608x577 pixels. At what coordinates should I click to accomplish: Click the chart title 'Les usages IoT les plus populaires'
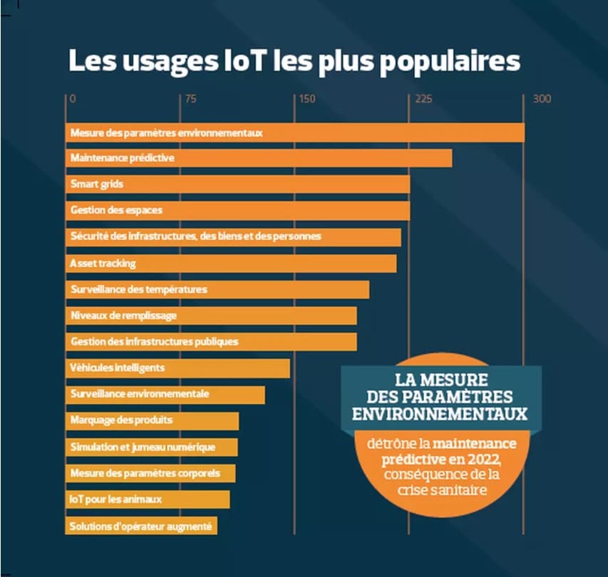point(294,61)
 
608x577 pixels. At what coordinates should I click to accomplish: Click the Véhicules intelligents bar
point(177,368)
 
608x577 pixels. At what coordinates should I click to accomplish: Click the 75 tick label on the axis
point(190,99)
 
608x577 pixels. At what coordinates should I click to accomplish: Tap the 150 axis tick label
point(307,99)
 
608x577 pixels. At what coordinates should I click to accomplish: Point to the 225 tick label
point(423,99)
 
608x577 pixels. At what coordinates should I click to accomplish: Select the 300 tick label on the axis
point(542,99)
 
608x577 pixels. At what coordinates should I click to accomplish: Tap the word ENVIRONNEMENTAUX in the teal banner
point(440,413)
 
